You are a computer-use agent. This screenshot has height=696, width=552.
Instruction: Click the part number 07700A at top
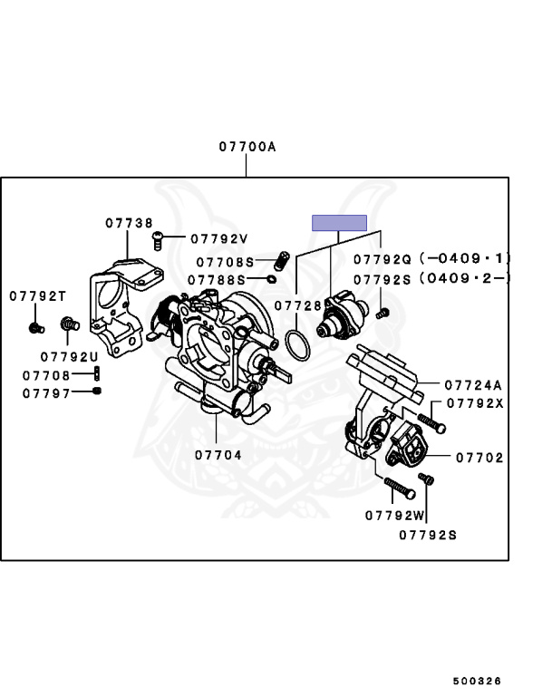point(246,146)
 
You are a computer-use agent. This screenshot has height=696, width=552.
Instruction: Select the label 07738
point(128,222)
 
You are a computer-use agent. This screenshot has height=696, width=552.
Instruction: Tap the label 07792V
point(218,239)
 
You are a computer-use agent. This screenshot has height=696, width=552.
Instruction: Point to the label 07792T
point(38,296)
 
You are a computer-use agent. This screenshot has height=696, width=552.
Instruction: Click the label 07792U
point(69,356)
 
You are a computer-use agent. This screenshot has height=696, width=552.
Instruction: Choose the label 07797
point(46,392)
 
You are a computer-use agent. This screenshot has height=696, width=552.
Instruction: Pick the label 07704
point(218,455)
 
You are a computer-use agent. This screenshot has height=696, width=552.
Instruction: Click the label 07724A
point(472,384)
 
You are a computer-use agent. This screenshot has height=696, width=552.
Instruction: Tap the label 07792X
point(473,404)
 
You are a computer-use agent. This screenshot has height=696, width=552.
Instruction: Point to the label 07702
point(479,459)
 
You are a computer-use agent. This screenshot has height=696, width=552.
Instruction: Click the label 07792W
point(395,516)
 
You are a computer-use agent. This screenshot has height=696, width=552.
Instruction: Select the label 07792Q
point(382,257)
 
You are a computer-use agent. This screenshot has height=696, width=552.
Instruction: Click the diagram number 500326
point(478,681)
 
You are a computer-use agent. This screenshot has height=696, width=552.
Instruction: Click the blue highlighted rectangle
point(339,223)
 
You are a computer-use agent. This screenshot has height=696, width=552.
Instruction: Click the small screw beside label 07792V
point(158,239)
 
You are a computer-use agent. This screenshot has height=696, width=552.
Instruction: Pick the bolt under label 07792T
point(36,324)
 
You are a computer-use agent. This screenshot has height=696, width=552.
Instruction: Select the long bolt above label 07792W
point(399,488)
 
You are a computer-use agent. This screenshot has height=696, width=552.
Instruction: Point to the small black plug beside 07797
point(97,391)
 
